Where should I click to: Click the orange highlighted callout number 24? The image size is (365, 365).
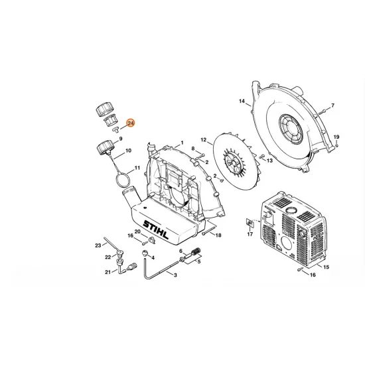pyautogui.click(x=130, y=123)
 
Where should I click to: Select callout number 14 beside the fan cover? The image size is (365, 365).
pyautogui.click(x=242, y=101)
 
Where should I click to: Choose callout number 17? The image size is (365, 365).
pyautogui.click(x=250, y=234)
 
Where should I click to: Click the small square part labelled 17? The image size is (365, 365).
pyautogui.click(x=250, y=223)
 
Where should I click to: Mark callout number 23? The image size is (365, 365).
pyautogui.click(x=98, y=245)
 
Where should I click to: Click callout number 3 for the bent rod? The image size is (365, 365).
pyautogui.click(x=175, y=274)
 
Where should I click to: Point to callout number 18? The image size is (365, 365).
pyautogui.click(x=218, y=236)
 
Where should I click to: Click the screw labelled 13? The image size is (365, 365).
pyautogui.click(x=260, y=160)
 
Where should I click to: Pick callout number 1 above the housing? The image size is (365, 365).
pyautogui.click(x=181, y=143)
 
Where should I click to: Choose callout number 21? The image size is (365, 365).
pyautogui.click(x=107, y=271)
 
